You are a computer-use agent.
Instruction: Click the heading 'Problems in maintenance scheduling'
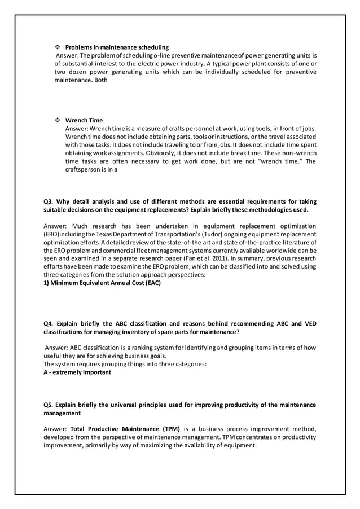pos(117,47)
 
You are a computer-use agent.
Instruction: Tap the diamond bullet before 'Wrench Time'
pos(58,120)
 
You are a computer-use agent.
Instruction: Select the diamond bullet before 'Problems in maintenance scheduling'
pos(58,47)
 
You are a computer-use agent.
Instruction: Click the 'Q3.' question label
pos(49,201)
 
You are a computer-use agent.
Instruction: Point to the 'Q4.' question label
pos(49,324)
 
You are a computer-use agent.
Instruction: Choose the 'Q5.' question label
pos(49,405)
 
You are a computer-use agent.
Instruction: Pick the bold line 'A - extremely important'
pos(77,372)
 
